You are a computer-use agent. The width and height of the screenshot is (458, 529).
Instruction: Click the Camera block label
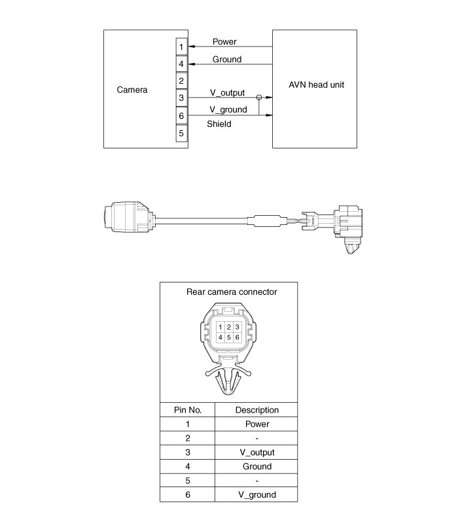tap(132, 90)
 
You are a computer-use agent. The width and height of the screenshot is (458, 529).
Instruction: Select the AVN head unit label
tap(316, 85)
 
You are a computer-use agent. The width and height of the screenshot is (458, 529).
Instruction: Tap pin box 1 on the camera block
tap(181, 47)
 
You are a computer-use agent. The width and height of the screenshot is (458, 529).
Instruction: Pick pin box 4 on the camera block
tap(181, 64)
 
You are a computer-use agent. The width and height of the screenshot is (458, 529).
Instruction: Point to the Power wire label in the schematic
tap(224, 42)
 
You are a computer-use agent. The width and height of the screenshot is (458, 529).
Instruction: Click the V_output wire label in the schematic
tap(227, 93)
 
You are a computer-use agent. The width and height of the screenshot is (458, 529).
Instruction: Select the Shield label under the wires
tap(219, 124)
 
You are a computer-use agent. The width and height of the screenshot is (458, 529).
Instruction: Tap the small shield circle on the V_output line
tap(259, 98)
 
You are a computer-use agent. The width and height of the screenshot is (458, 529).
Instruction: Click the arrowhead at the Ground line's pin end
tap(191, 64)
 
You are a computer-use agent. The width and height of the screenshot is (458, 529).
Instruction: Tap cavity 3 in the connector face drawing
tap(238, 326)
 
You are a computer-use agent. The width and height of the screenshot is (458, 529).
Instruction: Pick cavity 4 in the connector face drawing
tap(221, 337)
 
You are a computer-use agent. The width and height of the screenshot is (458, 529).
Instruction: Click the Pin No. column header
tap(188, 410)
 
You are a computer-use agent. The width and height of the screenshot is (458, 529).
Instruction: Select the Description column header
tap(256, 410)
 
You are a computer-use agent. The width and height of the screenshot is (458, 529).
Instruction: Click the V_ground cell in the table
tap(256, 495)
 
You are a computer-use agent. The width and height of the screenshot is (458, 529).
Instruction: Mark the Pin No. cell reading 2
tap(188, 438)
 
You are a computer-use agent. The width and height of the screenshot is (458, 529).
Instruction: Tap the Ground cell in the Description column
tap(256, 467)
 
